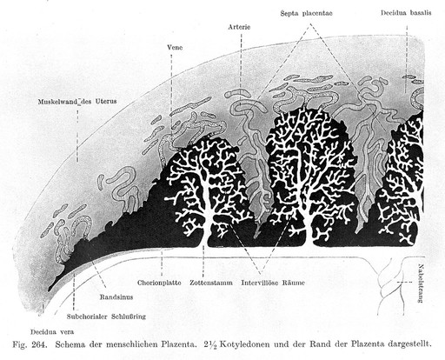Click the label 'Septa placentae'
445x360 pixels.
[x=306, y=13]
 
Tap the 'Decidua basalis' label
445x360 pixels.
[x=406, y=13]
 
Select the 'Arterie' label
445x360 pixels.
[x=239, y=27]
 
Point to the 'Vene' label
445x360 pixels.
[x=175, y=47]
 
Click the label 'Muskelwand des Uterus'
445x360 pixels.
[x=77, y=102]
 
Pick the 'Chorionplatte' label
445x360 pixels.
[x=159, y=283]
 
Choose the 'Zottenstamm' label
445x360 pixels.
[x=211, y=283]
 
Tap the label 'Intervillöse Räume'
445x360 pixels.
[x=273, y=283]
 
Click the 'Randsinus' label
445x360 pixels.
[x=116, y=297]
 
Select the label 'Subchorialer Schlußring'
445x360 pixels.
[x=106, y=317]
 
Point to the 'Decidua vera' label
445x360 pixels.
[x=52, y=332]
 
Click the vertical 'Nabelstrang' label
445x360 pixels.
[x=421, y=283]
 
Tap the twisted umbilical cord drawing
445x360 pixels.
[x=389, y=284]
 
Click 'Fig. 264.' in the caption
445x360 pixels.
[x=30, y=345]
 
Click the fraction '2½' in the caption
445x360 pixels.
[x=210, y=345]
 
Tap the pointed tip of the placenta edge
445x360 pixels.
[x=50, y=290]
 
